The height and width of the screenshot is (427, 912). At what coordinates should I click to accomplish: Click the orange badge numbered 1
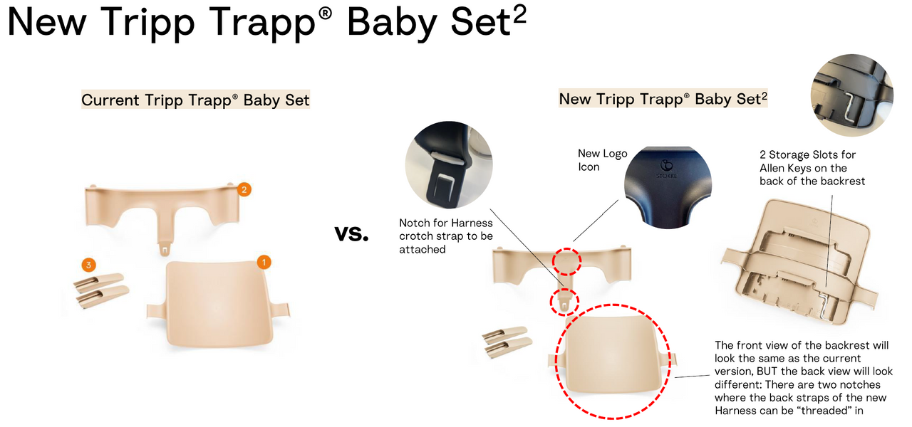264,263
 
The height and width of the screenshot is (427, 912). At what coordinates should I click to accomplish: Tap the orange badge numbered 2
244,189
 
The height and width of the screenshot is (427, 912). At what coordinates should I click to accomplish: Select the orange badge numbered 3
89,265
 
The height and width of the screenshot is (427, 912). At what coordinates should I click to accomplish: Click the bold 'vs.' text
351,233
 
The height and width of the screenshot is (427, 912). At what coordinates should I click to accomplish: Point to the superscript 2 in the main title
519,16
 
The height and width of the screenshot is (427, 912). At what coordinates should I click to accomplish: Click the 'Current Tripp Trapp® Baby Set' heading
195,100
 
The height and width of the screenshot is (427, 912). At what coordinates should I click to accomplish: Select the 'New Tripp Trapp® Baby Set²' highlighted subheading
663,98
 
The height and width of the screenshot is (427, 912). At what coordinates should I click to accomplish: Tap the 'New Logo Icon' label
603,160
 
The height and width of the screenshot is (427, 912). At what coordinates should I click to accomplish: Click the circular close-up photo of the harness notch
449,164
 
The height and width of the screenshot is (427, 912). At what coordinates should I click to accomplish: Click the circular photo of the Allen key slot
851,95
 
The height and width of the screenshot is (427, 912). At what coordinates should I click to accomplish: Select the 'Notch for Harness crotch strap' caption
446,236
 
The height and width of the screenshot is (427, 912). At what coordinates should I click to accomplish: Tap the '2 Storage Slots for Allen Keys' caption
812,168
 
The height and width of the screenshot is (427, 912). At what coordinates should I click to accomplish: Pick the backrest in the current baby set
218,305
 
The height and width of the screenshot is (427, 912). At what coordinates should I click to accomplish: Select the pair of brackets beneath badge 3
102,290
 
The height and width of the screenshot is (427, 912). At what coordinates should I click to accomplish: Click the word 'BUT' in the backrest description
773,371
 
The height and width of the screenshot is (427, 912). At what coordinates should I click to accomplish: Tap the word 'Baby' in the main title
391,23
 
